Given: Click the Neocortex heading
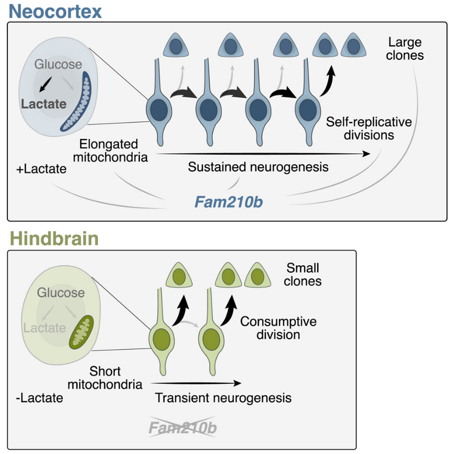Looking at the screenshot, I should click(55, 11).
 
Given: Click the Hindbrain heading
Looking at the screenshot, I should click(54, 239).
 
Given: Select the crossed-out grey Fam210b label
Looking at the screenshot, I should click(182, 428).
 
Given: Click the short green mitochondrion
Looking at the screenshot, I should click(82, 332).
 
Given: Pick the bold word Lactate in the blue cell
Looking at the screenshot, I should click(44, 104).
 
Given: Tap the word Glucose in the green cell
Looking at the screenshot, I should click(61, 293).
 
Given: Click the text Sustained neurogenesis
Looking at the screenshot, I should click(258, 167).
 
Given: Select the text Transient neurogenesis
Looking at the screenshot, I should click(223, 398).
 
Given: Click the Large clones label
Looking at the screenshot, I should click(405, 48).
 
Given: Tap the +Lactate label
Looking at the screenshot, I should click(41, 169).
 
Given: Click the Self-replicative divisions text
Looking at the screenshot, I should click(369, 128).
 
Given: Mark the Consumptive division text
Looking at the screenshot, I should click(278, 328).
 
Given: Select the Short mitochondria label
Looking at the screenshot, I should click(116, 377).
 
